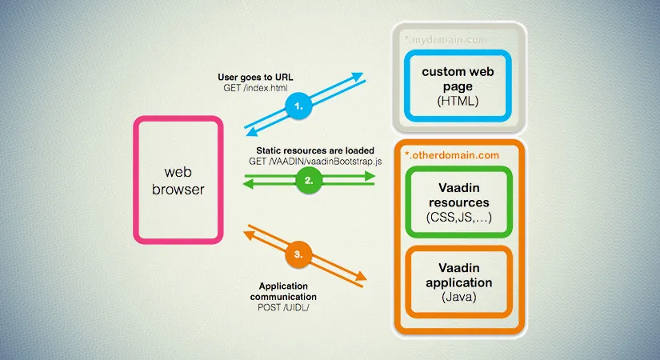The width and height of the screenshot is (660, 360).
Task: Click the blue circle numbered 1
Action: (x=298, y=106)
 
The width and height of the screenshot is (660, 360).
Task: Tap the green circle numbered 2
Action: (x=309, y=181)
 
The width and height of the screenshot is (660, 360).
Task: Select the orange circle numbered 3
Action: (x=298, y=254)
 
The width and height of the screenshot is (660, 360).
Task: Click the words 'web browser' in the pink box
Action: (x=178, y=181)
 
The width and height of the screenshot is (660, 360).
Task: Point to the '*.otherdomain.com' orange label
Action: (x=452, y=155)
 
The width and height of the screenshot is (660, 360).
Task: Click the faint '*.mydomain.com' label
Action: (x=446, y=40)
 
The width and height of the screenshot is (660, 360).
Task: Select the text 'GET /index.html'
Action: (x=255, y=88)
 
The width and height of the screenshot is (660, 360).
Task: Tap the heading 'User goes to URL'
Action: (x=255, y=77)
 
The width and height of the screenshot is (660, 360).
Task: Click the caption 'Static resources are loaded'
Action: (x=315, y=150)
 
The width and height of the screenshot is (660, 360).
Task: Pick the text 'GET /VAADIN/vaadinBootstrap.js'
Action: (x=315, y=162)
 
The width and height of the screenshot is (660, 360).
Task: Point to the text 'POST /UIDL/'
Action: (x=283, y=307)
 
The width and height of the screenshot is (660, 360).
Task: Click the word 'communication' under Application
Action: (x=283, y=297)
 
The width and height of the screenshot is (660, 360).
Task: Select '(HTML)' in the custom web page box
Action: (x=458, y=101)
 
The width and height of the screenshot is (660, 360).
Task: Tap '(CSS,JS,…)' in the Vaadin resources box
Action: (x=459, y=218)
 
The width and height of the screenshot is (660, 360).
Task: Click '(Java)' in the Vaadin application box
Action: (x=459, y=297)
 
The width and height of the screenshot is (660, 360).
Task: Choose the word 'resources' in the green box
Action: (x=459, y=202)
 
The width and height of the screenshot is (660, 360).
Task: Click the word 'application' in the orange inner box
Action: (x=459, y=282)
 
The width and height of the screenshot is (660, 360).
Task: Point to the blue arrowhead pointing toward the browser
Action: (x=251, y=132)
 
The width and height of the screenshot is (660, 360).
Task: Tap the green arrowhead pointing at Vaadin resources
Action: (x=370, y=176)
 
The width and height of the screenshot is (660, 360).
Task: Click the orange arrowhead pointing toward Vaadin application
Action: (x=361, y=276)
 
